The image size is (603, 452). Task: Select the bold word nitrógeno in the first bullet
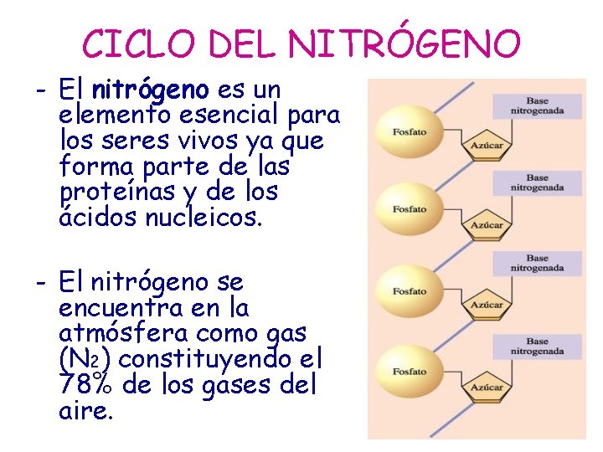151,89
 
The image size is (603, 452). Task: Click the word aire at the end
85,412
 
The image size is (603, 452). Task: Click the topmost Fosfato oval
410,132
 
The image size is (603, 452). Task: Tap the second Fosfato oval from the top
410,209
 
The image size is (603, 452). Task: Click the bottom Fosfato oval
410,371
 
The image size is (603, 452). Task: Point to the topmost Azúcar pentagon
487,144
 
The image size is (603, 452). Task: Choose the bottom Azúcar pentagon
487,387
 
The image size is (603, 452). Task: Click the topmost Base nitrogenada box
537,105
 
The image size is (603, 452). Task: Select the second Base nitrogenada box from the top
537,182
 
